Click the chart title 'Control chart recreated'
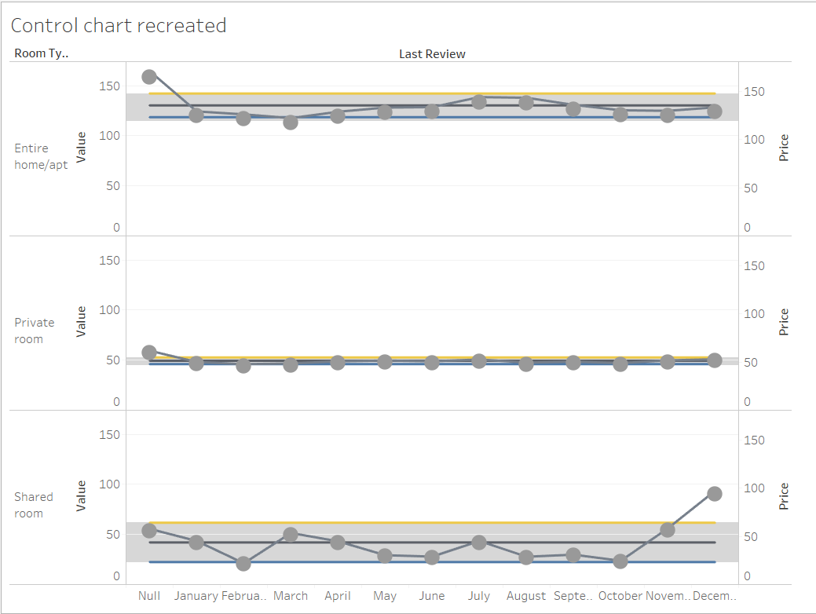119,26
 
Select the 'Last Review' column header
432,54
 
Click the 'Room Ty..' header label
41,54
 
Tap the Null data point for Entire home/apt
149,77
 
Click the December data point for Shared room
715,494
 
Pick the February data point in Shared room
243,564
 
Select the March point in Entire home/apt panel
291,122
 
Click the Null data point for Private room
149,353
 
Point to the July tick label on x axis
479,596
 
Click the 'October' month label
620,596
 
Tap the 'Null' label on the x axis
149,596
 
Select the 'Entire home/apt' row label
41,156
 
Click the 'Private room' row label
35,331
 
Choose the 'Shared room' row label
34,505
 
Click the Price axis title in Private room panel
783,323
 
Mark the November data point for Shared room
668,530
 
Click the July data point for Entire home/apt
479,101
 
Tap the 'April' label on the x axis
338,596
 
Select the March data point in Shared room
291,535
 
